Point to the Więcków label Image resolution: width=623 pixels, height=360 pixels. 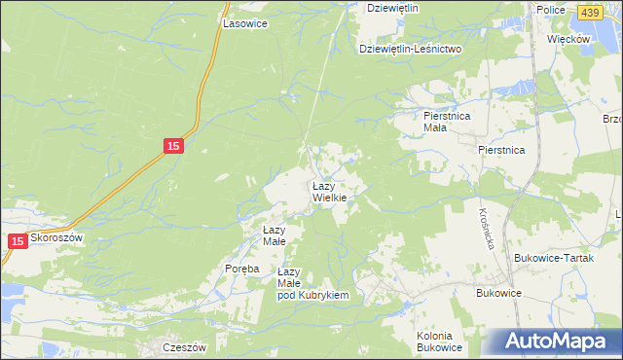[569, 39]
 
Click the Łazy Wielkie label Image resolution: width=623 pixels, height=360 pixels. [329, 192]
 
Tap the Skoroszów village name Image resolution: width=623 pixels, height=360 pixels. [58, 237]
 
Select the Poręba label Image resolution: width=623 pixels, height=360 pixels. [241, 270]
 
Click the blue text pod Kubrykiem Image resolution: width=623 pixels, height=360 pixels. [312, 295]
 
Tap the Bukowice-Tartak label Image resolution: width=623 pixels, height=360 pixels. [551, 258]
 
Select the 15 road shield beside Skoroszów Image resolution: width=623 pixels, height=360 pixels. [18, 239]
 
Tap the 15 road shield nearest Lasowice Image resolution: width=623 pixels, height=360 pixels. [172, 146]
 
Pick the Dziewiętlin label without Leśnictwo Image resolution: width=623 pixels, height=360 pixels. [392, 8]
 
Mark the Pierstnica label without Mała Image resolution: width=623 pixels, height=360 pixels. [501, 151]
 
